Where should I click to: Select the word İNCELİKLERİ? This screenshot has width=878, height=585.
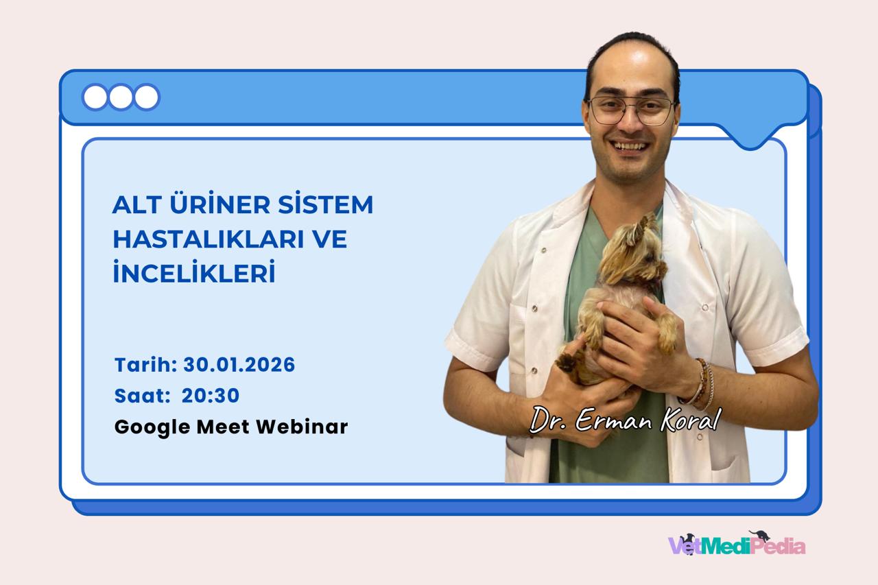tap(193, 274)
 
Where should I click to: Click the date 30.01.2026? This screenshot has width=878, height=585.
tap(239, 365)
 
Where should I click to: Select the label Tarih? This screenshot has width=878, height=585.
tap(145, 365)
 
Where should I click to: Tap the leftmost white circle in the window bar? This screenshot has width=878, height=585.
tap(95, 97)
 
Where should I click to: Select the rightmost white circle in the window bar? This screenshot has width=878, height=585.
tap(146, 97)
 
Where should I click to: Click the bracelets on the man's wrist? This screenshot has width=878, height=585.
tap(704, 383)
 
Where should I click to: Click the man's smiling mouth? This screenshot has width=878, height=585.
tap(630, 146)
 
